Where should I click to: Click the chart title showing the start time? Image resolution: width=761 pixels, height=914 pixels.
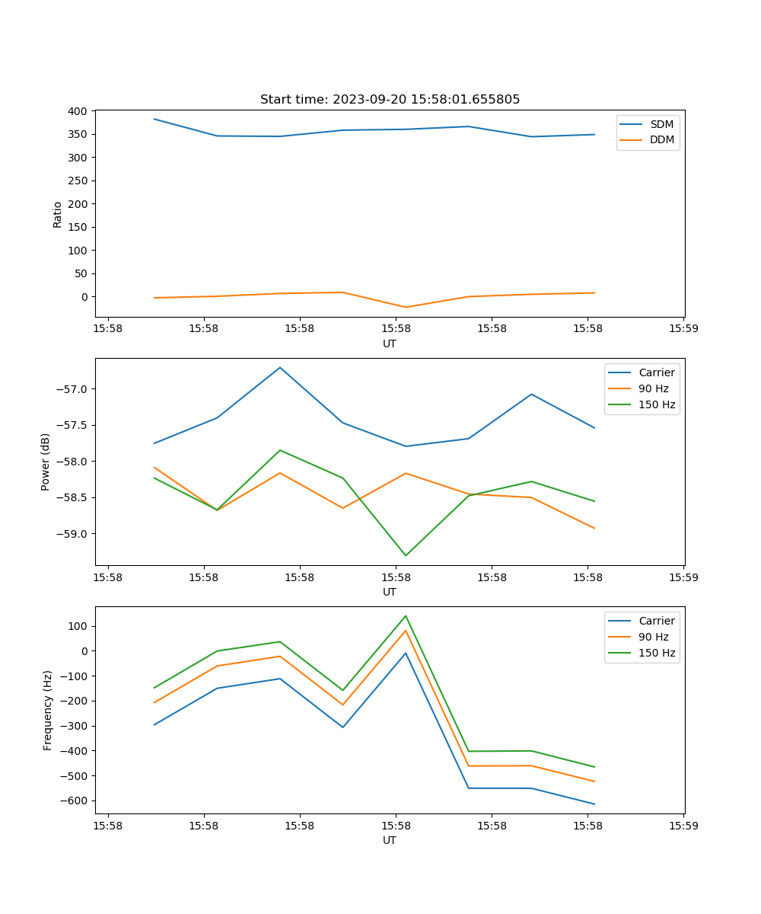(390, 100)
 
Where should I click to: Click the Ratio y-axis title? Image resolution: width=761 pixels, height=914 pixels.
(58, 214)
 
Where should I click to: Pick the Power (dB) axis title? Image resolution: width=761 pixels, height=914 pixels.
(46, 462)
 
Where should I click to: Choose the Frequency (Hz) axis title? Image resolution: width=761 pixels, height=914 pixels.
(47, 710)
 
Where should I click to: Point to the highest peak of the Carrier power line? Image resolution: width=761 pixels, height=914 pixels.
(280, 367)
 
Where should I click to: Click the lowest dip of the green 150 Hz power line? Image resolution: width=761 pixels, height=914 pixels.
(406, 555)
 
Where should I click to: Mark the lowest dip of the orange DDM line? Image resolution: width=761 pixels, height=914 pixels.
(406, 308)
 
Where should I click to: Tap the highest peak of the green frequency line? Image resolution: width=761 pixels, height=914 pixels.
(406, 616)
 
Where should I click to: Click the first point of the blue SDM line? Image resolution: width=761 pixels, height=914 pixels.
(154, 119)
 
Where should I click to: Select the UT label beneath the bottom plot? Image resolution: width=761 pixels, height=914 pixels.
(390, 840)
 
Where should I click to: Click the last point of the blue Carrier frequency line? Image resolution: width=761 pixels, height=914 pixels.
(594, 804)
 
